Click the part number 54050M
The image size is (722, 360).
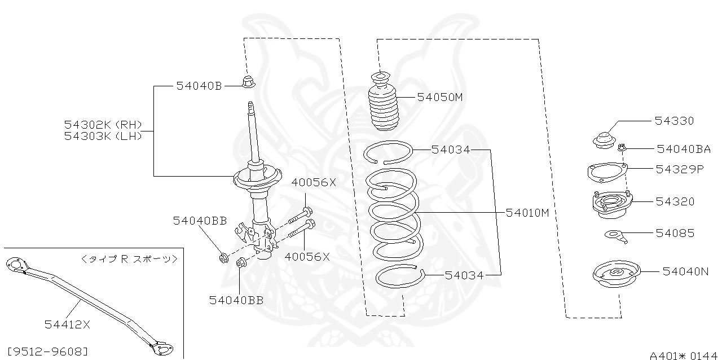click(439, 97)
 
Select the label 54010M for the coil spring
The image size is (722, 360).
click(527, 213)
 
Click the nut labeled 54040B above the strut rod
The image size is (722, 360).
click(248, 83)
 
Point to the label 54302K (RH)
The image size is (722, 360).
click(103, 125)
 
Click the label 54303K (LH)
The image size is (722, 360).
click(103, 135)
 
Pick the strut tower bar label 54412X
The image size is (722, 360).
click(68, 324)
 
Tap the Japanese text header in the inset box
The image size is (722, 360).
click(129, 259)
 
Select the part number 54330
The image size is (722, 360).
click(674, 121)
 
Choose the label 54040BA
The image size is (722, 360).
click(684, 149)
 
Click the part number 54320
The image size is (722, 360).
click(675, 201)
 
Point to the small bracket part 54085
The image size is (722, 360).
click(617, 235)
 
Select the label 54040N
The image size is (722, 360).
click(685, 271)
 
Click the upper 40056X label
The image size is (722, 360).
click(313, 182)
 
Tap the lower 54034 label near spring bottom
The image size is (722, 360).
click(464, 275)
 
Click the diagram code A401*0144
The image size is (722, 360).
click(683, 355)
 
